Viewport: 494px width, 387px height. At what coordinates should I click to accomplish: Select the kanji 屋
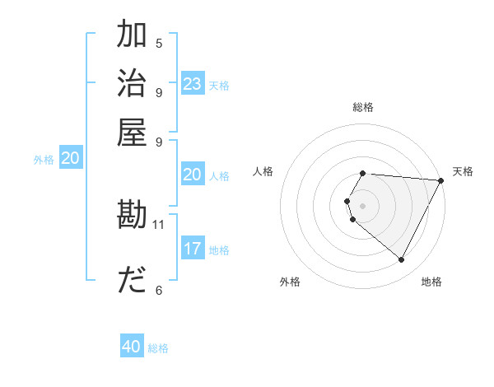coord(132,131)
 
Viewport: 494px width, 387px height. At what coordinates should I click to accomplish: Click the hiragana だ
coord(132,281)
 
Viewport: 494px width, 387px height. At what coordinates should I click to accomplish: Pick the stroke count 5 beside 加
coord(158,44)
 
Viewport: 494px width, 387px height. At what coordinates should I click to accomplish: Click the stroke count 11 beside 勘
coord(159,224)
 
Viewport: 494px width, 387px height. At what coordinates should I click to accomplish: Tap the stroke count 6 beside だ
coord(158,290)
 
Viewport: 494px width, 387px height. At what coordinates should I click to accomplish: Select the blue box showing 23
coord(193,84)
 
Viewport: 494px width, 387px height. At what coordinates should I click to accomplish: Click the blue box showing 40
coord(132,347)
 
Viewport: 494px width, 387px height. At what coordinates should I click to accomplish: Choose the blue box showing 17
coord(193,249)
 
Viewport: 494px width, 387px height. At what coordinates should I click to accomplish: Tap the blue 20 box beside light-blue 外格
coord(71,159)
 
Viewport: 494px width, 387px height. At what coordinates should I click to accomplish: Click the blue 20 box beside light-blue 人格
coord(192,175)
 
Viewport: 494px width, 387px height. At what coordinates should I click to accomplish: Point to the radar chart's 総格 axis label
coord(363,107)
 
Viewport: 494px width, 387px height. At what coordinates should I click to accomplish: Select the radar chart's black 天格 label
coord(463,171)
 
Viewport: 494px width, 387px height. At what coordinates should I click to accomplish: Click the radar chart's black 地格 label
coord(431,282)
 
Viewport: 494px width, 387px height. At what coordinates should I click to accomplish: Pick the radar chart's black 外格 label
coord(290,282)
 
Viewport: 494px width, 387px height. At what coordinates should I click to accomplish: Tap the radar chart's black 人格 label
coord(263,171)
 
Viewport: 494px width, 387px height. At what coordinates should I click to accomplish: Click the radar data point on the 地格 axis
coord(402,260)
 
